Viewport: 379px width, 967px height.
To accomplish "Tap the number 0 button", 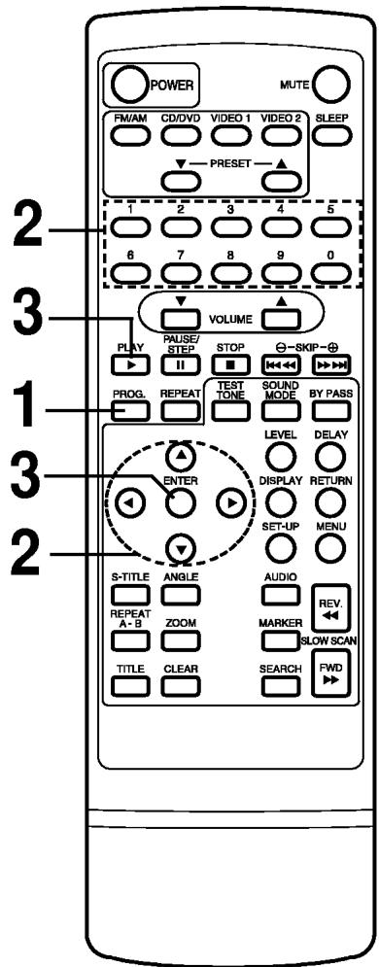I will (x=328, y=270).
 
